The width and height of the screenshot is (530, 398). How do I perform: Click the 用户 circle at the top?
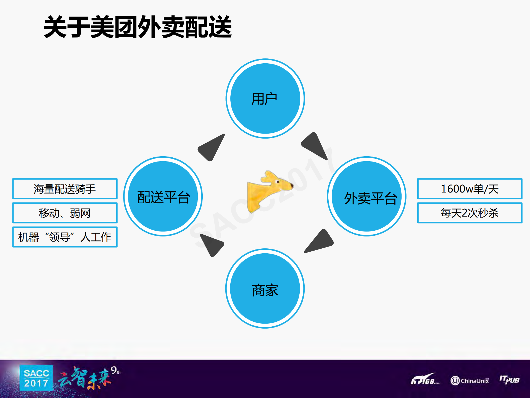[265, 98]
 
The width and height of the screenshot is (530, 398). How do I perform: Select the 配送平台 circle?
[163, 196]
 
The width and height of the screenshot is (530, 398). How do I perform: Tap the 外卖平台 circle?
[366, 196]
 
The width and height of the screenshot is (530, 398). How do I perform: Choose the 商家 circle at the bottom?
[265, 288]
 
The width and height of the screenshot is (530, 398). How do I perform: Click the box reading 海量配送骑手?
[65, 189]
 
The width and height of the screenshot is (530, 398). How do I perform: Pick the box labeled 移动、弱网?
[65, 213]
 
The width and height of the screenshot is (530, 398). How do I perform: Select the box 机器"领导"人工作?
[65, 237]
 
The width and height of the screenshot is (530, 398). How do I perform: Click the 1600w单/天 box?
[470, 189]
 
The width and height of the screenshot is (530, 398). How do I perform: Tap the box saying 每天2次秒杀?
[470, 213]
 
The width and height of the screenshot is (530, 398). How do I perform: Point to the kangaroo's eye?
[278, 182]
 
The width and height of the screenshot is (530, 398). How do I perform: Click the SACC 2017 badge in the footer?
[36, 378]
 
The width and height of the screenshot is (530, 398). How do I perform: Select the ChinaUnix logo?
[470, 381]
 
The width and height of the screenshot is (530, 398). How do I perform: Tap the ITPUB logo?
[509, 380]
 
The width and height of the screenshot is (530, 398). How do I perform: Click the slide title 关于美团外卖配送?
[138, 27]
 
